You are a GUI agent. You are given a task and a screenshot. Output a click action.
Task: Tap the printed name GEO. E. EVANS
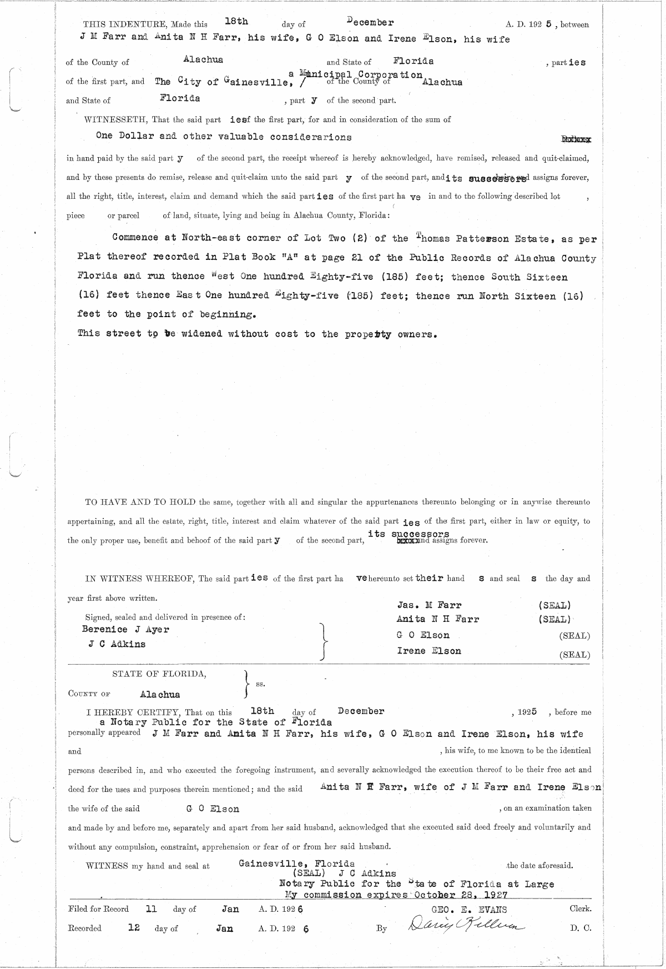pos(468,909)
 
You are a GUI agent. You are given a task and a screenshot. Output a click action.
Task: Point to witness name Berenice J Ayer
pos(125,629)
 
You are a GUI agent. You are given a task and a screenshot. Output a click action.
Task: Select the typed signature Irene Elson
pos(428,650)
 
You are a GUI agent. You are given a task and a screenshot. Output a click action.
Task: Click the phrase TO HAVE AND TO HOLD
pos(140,502)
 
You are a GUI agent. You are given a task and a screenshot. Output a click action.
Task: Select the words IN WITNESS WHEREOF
pos(138,579)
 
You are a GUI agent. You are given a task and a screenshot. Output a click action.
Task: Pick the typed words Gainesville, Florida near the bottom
pos(296,863)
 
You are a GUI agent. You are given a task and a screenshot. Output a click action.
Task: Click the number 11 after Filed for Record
pos(150,909)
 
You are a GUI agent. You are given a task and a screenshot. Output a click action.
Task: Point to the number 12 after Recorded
pos(133,927)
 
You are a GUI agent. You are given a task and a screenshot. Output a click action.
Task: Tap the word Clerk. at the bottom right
pos(580,909)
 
